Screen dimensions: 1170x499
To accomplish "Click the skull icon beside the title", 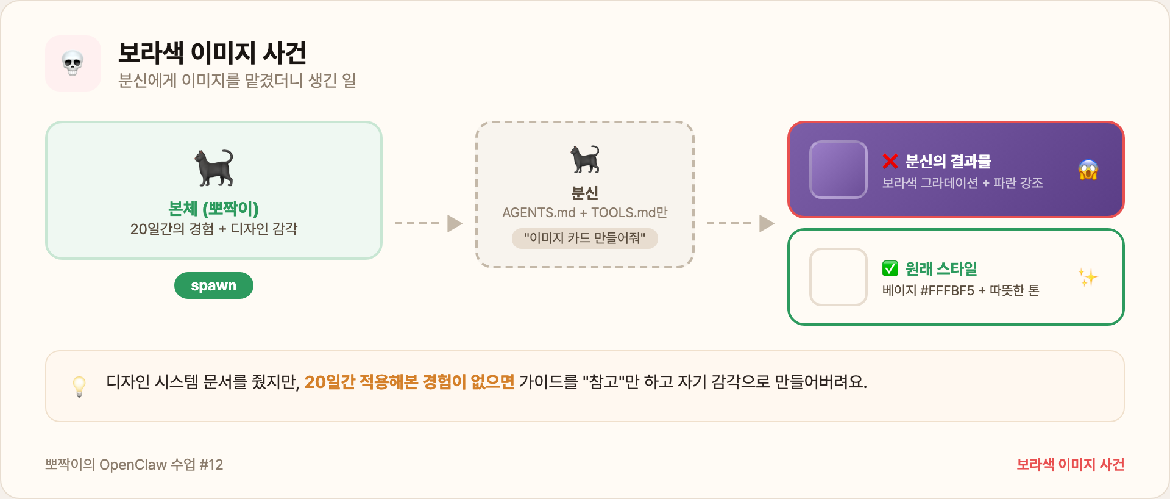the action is coord(73,63).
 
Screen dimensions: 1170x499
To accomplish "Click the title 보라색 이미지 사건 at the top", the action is coord(212,53).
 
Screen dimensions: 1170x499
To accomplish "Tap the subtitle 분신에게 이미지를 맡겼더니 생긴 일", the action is coord(237,81).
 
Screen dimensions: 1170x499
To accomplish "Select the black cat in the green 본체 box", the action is coord(214,167).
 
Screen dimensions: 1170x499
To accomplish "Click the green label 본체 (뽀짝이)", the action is coord(213,209).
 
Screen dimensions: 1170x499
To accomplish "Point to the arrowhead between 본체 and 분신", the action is coord(455,223).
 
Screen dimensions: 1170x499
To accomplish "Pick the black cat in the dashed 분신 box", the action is coord(585,159).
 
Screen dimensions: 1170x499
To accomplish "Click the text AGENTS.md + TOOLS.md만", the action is coord(585,212).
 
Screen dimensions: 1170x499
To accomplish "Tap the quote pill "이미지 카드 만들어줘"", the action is coord(585,238).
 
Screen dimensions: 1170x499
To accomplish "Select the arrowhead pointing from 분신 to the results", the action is coord(767,223).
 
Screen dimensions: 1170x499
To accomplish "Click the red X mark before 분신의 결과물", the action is coord(890,161).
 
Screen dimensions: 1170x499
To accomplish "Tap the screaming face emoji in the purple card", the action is coord(1088,170).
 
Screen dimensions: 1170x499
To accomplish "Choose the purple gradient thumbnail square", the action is coord(838,170).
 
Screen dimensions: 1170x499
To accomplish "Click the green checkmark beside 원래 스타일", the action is coord(890,268).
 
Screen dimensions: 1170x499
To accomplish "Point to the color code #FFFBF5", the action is coord(948,290).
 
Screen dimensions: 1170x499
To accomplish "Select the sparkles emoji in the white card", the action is coord(1088,277).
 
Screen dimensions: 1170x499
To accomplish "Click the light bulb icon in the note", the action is coord(79,386).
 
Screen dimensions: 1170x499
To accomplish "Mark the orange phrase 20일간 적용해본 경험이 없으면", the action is coord(409,382).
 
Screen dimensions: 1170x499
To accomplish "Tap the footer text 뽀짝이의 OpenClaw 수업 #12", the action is coord(134,465).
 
